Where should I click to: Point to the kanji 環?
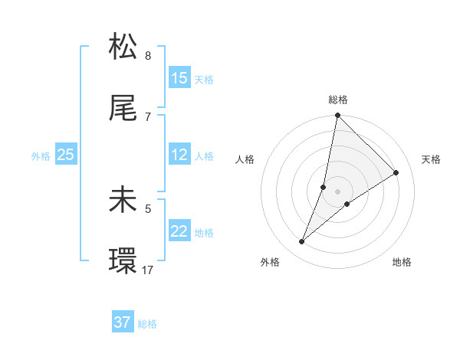click(x=123, y=261)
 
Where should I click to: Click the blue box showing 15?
click(x=179, y=78)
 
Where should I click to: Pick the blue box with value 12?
click(x=179, y=155)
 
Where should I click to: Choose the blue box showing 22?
click(x=179, y=232)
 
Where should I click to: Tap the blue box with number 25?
click(x=66, y=155)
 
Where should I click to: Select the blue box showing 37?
click(x=123, y=323)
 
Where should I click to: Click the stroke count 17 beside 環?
click(x=149, y=270)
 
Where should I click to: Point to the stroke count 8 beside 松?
click(x=148, y=55)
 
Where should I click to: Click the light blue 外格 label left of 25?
click(x=41, y=156)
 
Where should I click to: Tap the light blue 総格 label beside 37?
click(x=147, y=324)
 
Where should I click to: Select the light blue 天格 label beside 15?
click(x=204, y=79)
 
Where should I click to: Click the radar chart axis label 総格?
click(x=338, y=100)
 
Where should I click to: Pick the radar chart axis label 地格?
click(x=402, y=262)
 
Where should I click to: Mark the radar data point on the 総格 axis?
click(x=337, y=116)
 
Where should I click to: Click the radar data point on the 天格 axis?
click(x=396, y=172)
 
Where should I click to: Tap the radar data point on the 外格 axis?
click(x=302, y=242)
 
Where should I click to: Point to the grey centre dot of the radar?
click(x=337, y=191)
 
